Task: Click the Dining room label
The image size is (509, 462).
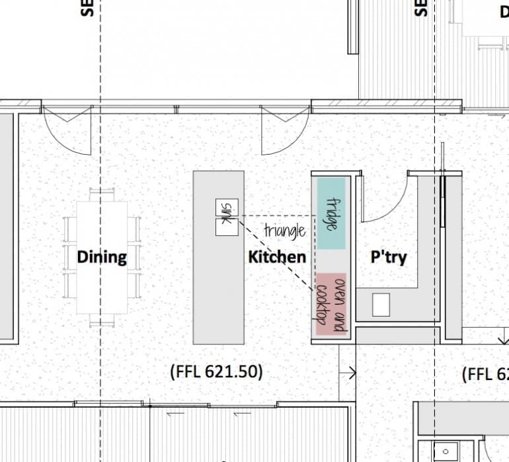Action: coord(102,256)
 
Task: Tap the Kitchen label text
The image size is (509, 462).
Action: coord(277,256)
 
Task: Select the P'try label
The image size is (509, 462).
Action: coord(388,256)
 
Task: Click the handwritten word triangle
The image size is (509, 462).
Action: coord(285,231)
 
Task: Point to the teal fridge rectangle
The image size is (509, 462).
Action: coord(332,213)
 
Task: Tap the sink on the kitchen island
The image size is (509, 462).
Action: coord(227,217)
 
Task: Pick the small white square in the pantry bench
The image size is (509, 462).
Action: coord(381,305)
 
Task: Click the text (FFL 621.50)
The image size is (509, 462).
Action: coord(216,372)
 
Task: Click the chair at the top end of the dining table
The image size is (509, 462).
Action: coord(102,194)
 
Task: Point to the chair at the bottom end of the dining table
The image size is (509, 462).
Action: coord(102,321)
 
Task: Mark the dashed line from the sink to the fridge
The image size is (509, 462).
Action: coord(278,216)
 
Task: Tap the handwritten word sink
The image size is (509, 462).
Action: coord(227,213)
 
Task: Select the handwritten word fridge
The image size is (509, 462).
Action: coord(333,214)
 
